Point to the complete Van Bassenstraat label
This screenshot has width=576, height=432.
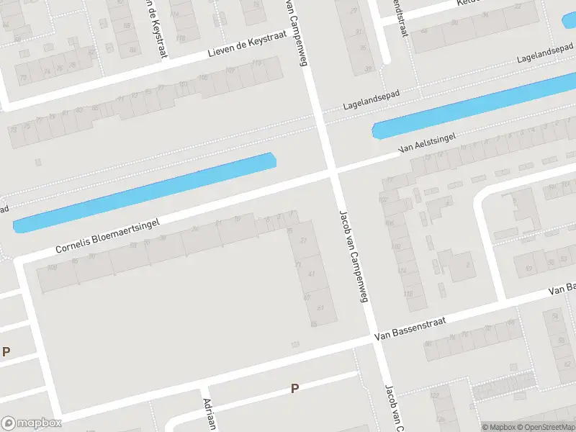pyautogui.click(x=411, y=328)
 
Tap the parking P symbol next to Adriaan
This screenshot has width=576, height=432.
pyautogui.click(x=294, y=388)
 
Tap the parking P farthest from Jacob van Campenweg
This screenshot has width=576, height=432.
pyautogui.click(x=6, y=351)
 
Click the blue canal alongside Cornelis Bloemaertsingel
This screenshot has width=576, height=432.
pyautogui.click(x=144, y=192)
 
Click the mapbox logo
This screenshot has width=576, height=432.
pyautogui.click(x=31, y=423)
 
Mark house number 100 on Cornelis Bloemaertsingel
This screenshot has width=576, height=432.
pyautogui.click(x=51, y=267)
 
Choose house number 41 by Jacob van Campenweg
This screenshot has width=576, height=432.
pyautogui.click(x=311, y=274)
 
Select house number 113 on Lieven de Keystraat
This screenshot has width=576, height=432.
pyautogui.click(x=256, y=63)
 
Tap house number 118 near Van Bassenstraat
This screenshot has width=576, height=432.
pyautogui.click(x=410, y=294)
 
